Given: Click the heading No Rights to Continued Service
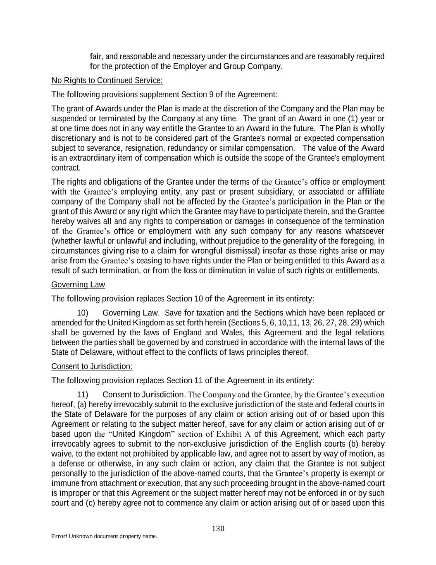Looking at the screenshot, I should click(x=107, y=80).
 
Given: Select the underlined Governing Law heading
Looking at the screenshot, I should click(x=78, y=285).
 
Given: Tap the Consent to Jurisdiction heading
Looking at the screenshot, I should click(x=92, y=367).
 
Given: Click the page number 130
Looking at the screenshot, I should click(x=218, y=529).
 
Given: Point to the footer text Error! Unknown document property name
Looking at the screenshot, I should click(x=104, y=536).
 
